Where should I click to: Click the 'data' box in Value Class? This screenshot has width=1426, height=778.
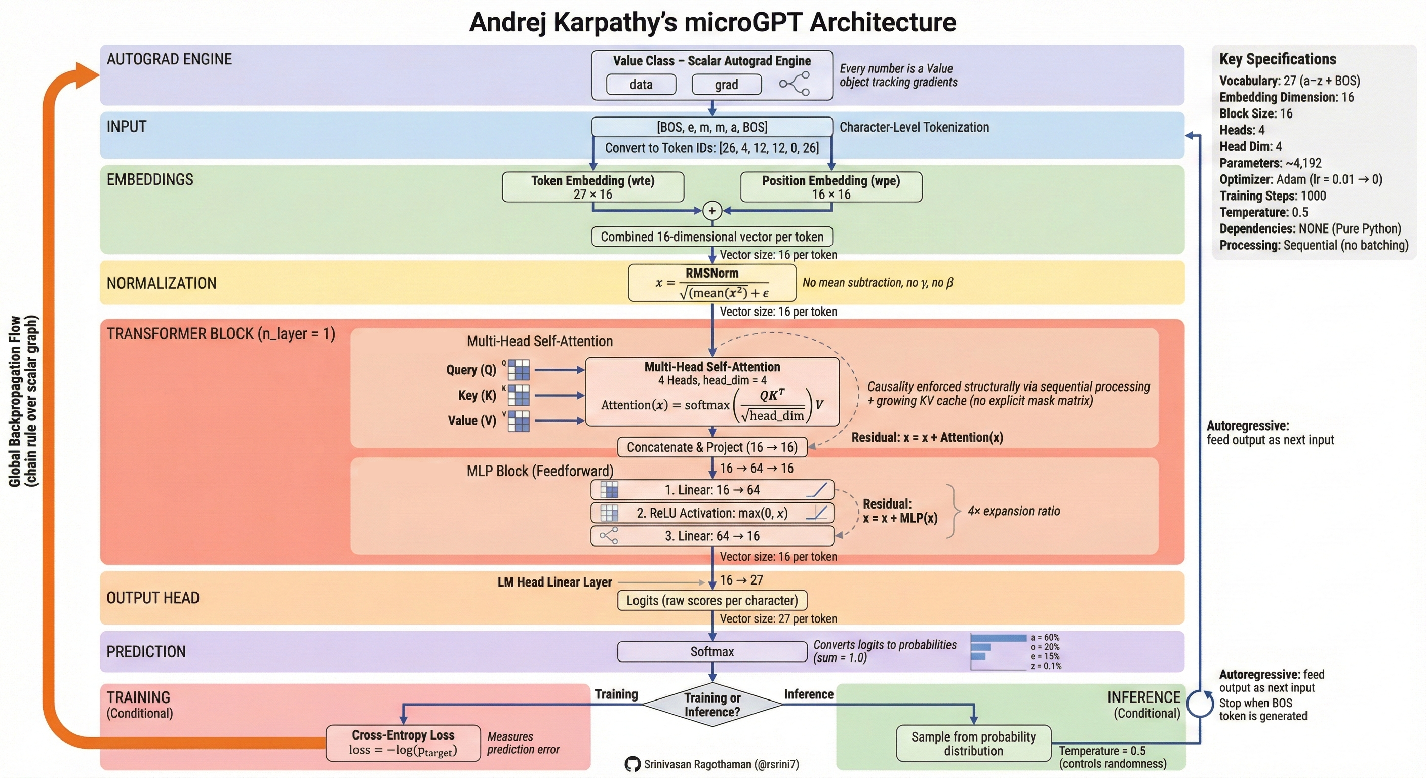pyautogui.click(x=641, y=85)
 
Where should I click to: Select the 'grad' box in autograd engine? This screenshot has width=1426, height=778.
pyautogui.click(x=726, y=85)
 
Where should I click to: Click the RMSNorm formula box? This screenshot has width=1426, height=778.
pyautogui.click(x=712, y=283)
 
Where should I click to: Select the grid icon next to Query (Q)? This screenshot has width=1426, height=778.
pyautogui.click(x=519, y=370)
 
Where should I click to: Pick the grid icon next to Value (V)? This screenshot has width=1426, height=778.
pyautogui.click(x=519, y=421)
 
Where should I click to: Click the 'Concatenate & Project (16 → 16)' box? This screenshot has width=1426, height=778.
pyautogui.click(x=712, y=447)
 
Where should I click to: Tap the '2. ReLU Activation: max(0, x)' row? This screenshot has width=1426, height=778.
pyautogui.click(x=712, y=513)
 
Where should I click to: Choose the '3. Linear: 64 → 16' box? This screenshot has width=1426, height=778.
pyautogui.click(x=712, y=536)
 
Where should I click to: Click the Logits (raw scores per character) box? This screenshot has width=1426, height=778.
pyautogui.click(x=712, y=601)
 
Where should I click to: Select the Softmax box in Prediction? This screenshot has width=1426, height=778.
pyautogui.click(x=712, y=652)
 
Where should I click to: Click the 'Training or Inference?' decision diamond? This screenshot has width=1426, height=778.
pyautogui.click(x=712, y=705)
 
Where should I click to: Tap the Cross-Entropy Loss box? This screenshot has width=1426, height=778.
pyautogui.click(x=403, y=743)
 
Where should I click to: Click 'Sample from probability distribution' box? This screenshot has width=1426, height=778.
pyautogui.click(x=973, y=744)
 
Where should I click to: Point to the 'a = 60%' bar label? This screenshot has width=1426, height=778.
pyautogui.click(x=1045, y=637)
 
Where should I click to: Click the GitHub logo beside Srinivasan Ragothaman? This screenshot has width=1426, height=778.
pyautogui.click(x=632, y=765)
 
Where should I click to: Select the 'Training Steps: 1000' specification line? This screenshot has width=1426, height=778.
pyautogui.click(x=1273, y=196)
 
